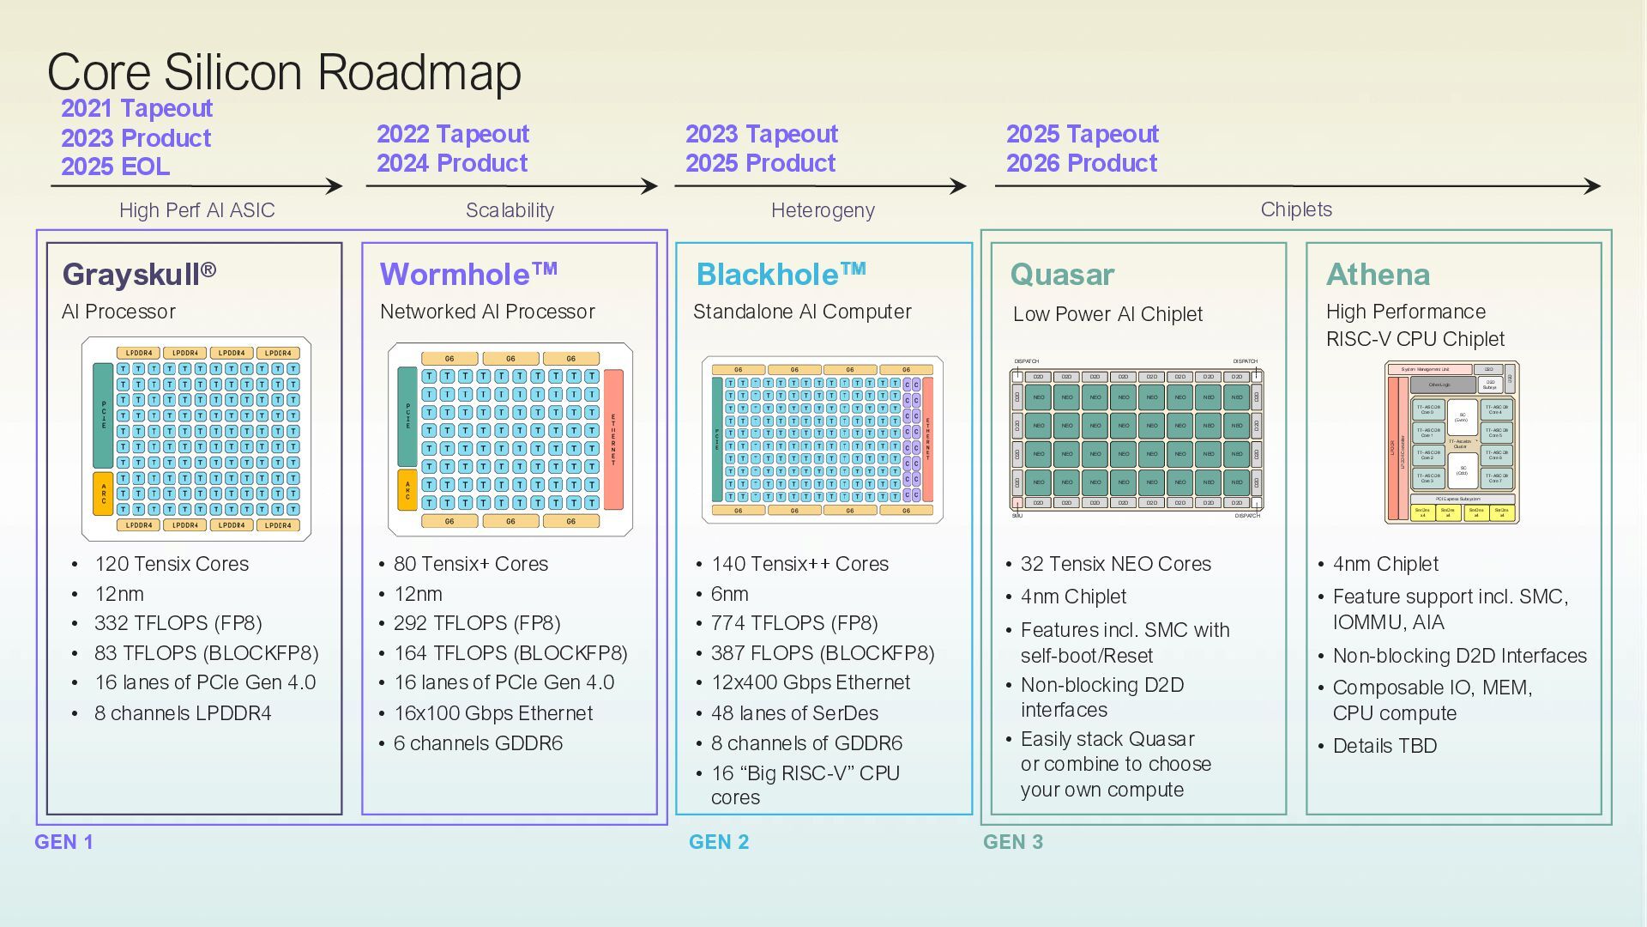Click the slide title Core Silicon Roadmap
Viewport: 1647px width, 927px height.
click(x=284, y=72)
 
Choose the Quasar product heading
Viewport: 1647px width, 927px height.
click(x=1062, y=275)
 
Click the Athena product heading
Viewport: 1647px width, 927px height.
click(x=1378, y=275)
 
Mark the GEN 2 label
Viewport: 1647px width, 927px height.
click(x=719, y=842)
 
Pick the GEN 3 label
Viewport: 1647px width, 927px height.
click(x=1013, y=842)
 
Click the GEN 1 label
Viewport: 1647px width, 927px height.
click(x=64, y=842)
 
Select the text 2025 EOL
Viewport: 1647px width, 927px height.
click(x=115, y=167)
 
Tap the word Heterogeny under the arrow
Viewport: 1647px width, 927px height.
click(x=823, y=210)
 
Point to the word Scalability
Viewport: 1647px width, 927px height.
click(x=510, y=210)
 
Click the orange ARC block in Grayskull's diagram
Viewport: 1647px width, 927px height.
click(x=103, y=494)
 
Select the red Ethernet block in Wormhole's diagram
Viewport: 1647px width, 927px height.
click(x=613, y=439)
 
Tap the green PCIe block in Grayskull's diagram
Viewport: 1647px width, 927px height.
click(x=103, y=415)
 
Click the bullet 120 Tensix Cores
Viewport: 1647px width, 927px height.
click(x=172, y=564)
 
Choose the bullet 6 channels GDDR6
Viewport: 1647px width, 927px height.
click(x=478, y=743)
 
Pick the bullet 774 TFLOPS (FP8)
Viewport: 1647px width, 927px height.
click(x=794, y=623)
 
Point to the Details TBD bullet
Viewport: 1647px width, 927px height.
click(x=1385, y=746)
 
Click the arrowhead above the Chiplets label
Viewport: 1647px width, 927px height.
click(x=1593, y=186)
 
